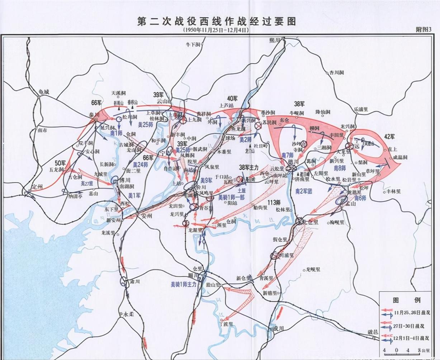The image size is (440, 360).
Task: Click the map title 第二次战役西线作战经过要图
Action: tap(217, 21)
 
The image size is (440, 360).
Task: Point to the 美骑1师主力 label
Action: tap(184, 284)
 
